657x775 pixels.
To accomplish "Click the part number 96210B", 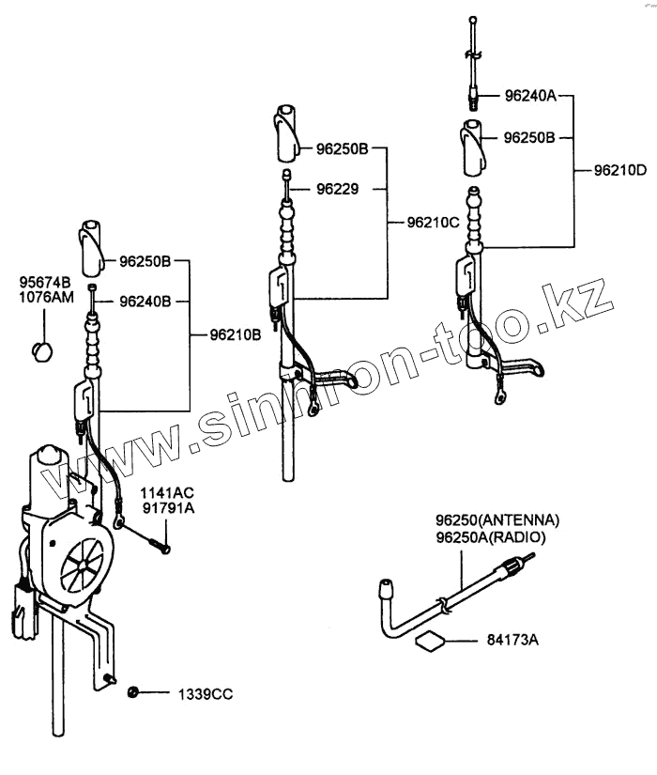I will [x=229, y=334].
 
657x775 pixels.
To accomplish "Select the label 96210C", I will [x=433, y=224].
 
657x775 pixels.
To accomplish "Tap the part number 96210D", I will [x=621, y=171].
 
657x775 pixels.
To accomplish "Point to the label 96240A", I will [x=530, y=95].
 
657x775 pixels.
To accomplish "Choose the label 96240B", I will [x=145, y=302].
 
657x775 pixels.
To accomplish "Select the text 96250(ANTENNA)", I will [x=497, y=520].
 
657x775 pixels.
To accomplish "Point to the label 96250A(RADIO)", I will [x=491, y=536].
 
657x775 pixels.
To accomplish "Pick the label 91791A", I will [x=167, y=508].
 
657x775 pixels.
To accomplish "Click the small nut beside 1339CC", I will [x=133, y=692].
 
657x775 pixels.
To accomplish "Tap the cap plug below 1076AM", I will [x=42, y=350].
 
